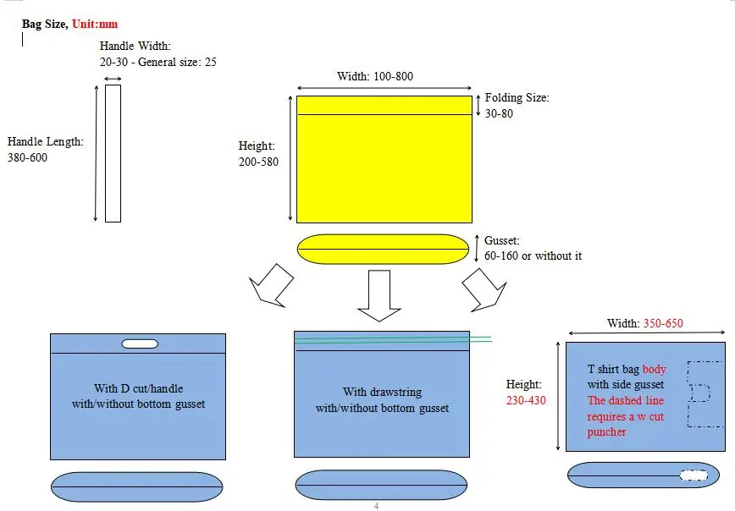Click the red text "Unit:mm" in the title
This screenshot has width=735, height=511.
pyautogui.click(x=95, y=25)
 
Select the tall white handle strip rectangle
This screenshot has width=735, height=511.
pyautogui.click(x=113, y=153)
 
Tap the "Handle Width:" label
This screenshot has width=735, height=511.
pyautogui.click(x=135, y=46)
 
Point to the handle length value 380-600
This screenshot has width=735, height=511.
pyautogui.click(x=27, y=157)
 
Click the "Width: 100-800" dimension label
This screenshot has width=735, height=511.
pyautogui.click(x=375, y=76)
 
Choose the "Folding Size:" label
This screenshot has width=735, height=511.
pyautogui.click(x=517, y=98)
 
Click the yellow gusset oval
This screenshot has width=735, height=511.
pyautogui.click(x=383, y=249)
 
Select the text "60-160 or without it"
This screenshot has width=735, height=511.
pyautogui.click(x=533, y=255)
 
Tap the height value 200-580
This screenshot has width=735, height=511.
pyautogui.click(x=258, y=162)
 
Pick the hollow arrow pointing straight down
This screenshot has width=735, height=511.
pyautogui.click(x=379, y=294)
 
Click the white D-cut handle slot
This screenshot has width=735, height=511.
pyautogui.click(x=140, y=343)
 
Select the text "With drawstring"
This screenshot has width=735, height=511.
pyautogui.click(x=382, y=392)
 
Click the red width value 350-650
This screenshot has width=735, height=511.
pyautogui.click(x=662, y=323)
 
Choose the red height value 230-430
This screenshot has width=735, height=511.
pyautogui.click(x=525, y=400)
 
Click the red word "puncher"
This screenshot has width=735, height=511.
pyautogui.click(x=607, y=432)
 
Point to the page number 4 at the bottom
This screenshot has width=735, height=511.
pyautogui.click(x=376, y=506)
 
